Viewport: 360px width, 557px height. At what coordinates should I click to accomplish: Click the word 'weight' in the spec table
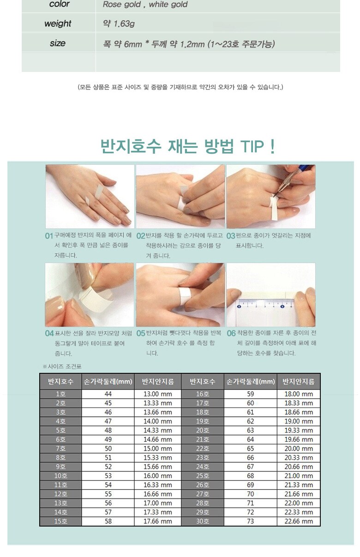click(x=58, y=24)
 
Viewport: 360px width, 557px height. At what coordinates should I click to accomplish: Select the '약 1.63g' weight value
click(x=119, y=24)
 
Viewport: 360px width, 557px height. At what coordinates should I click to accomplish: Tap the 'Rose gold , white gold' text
click(x=145, y=4)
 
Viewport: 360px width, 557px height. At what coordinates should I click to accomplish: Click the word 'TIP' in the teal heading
click(x=252, y=146)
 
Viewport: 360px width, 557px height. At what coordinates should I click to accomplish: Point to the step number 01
click(x=49, y=236)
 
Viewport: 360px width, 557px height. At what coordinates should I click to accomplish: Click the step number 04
click(x=49, y=333)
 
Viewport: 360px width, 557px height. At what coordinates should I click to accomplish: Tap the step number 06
click(x=231, y=333)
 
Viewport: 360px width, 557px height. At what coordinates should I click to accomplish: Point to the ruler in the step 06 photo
click(x=266, y=304)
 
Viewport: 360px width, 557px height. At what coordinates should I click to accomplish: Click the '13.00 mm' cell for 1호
click(x=158, y=394)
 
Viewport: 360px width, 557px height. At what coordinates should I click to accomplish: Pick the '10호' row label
click(x=60, y=476)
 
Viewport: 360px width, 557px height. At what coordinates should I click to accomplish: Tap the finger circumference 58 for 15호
click(x=108, y=521)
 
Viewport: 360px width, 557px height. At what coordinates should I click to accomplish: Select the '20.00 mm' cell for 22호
click(x=299, y=449)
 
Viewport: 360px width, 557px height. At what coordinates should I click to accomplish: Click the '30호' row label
click(x=203, y=521)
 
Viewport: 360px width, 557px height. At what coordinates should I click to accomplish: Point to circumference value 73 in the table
click(x=250, y=521)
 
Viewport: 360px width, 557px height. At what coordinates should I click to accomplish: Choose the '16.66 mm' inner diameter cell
click(x=158, y=494)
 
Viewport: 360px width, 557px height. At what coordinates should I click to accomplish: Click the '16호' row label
click(x=203, y=394)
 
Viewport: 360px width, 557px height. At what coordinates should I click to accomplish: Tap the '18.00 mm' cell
click(x=299, y=394)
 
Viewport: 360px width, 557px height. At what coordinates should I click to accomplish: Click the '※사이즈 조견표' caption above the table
click(x=62, y=366)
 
